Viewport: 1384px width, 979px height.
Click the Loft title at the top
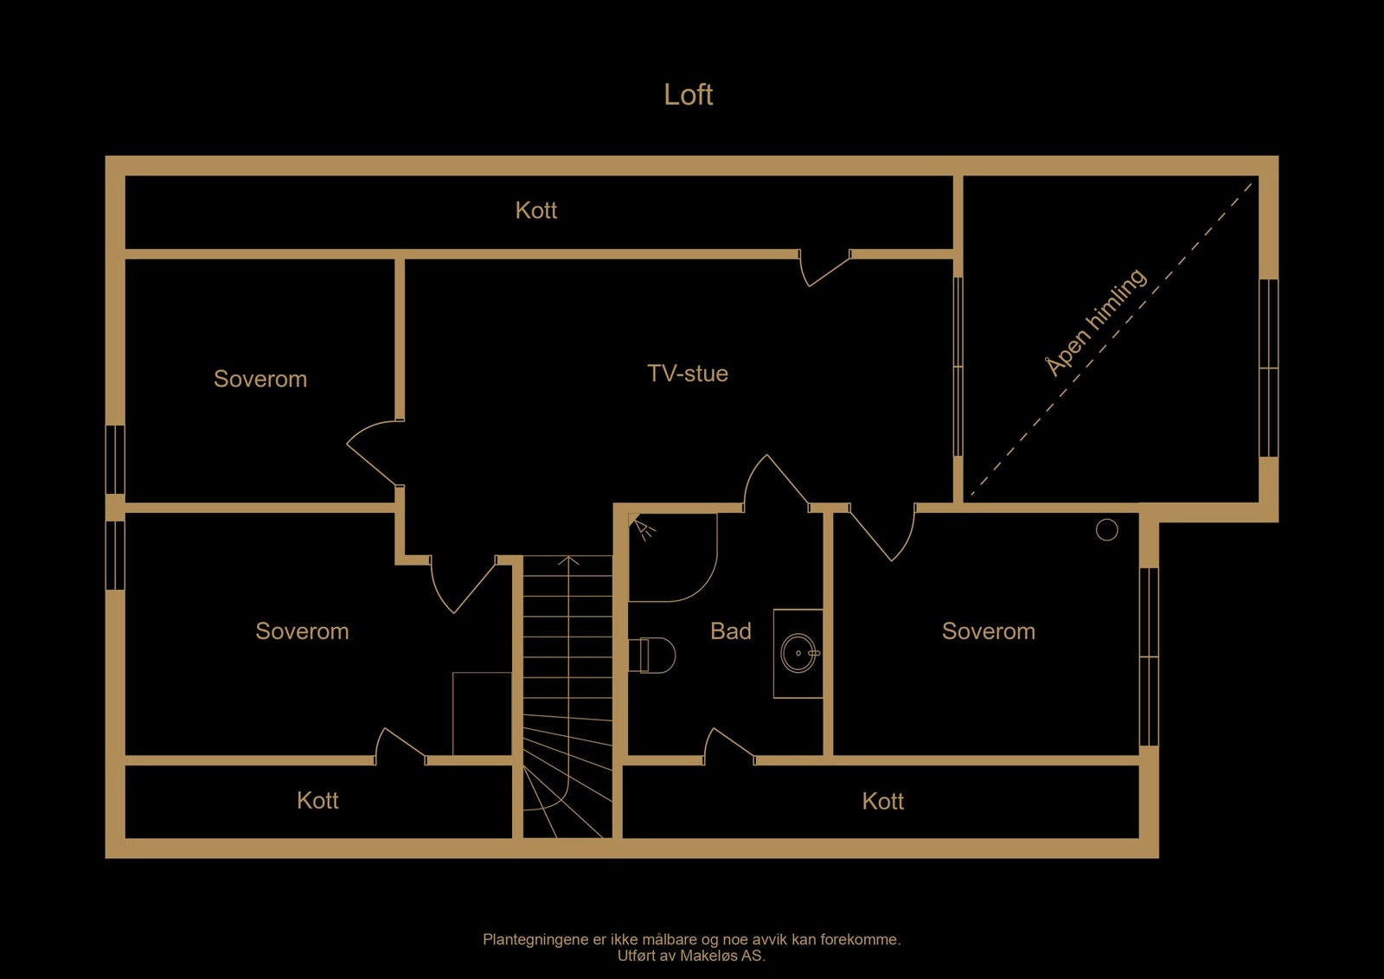pyautogui.click(x=688, y=95)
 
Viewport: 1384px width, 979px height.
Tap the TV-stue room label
pyautogui.click(x=688, y=374)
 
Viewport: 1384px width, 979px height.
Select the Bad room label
pyautogui.click(x=730, y=631)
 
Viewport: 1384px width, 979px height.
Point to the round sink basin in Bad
pyautogui.click(x=798, y=653)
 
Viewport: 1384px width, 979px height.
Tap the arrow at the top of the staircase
pyautogui.click(x=568, y=561)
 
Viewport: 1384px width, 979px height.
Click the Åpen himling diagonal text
pyautogui.click(x=1096, y=322)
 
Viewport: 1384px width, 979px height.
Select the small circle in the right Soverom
pyautogui.click(x=1106, y=530)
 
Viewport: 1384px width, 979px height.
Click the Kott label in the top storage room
pyautogui.click(x=535, y=210)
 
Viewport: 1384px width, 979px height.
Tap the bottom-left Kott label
pyautogui.click(x=317, y=801)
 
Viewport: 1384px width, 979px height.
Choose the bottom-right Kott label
pyautogui.click(x=882, y=802)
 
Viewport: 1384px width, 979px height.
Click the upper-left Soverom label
pyautogui.click(x=260, y=379)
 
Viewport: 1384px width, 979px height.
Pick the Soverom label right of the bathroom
pyautogui.click(x=988, y=631)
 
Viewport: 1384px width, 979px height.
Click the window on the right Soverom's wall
pyautogui.click(x=1148, y=656)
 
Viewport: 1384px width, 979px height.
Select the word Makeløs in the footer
pyautogui.click(x=709, y=956)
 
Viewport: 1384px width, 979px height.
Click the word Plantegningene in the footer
pyautogui.click(x=535, y=939)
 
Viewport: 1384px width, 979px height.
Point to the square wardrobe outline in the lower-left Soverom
pyautogui.click(x=482, y=713)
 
